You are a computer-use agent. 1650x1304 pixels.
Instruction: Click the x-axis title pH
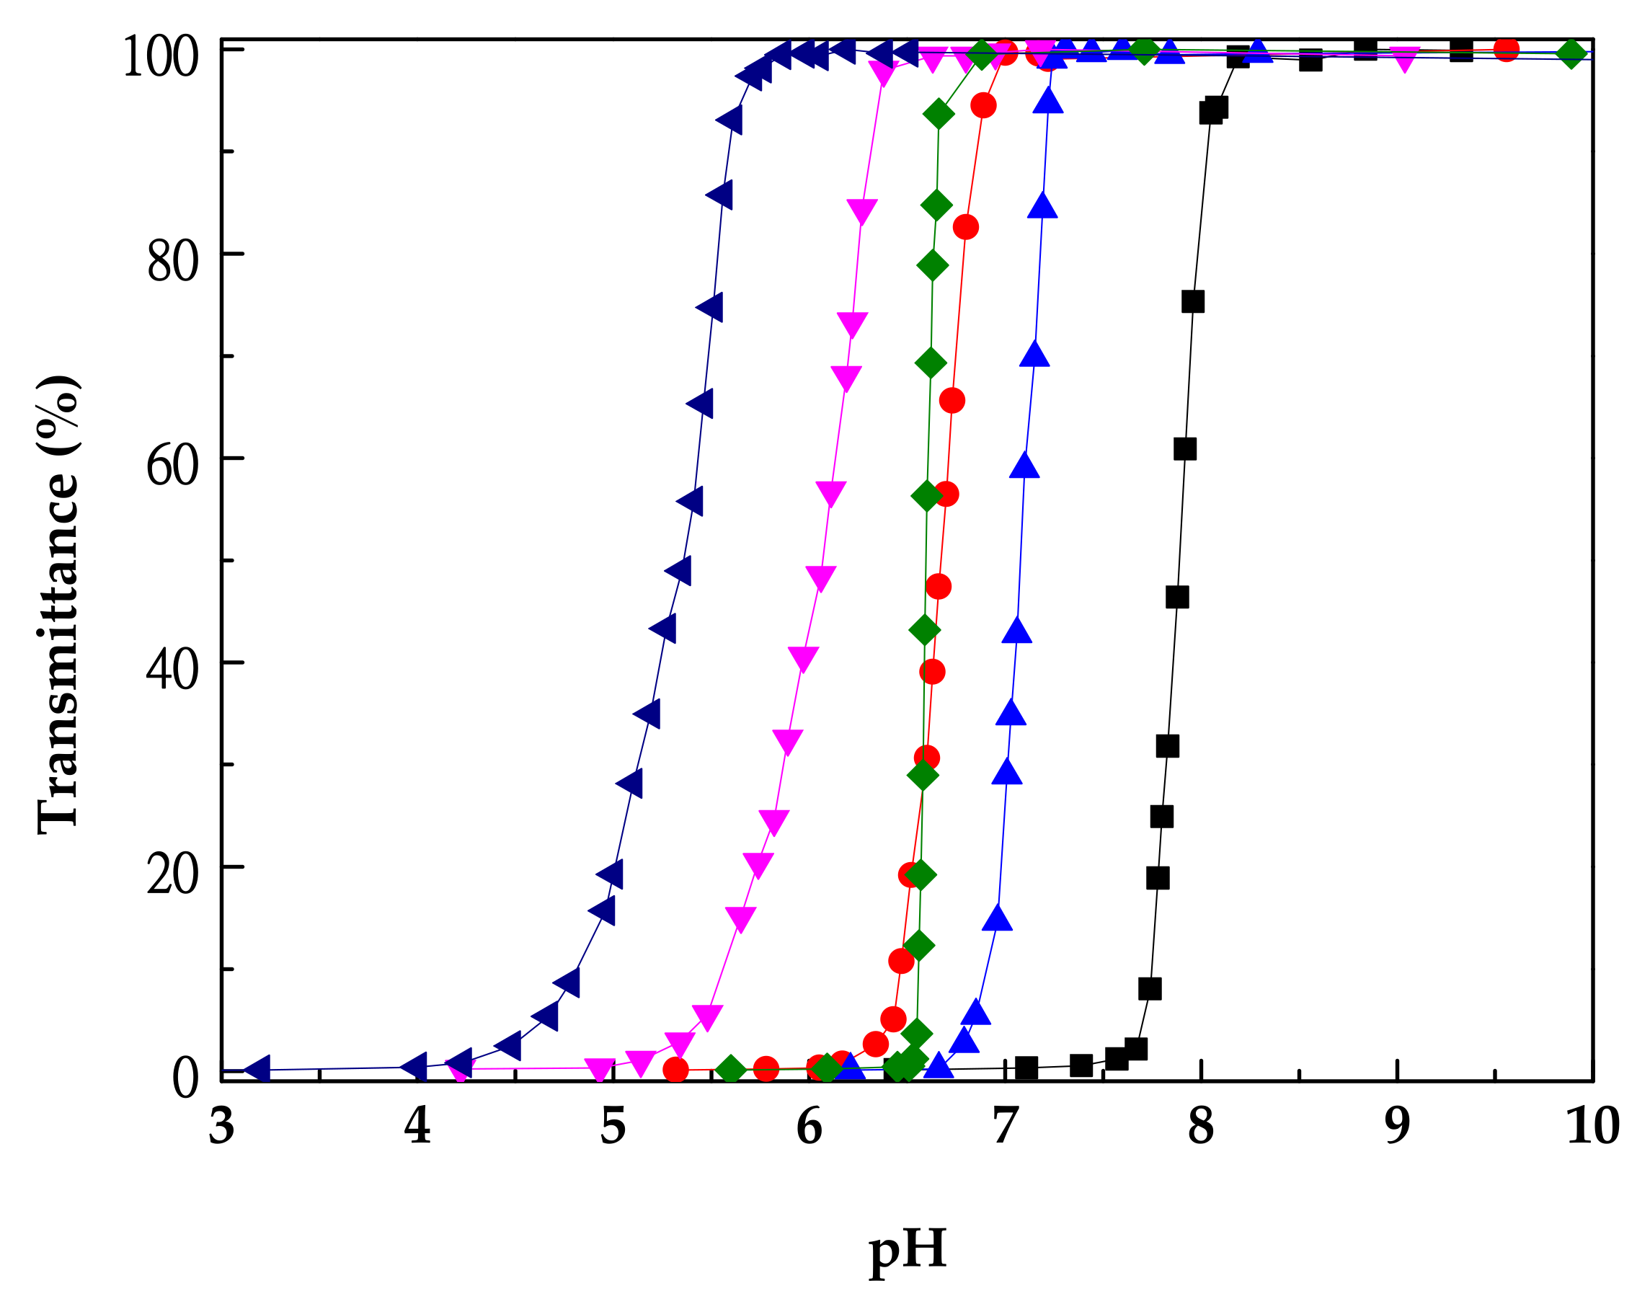(x=907, y=1250)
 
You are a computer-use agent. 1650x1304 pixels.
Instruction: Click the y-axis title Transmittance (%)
(x=58, y=604)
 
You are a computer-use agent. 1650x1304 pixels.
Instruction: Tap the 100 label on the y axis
(x=160, y=56)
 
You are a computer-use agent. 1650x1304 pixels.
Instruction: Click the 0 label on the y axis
(x=185, y=1078)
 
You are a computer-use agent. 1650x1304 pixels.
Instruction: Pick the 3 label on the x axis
(x=221, y=1126)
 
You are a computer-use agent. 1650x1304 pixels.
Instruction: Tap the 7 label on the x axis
(x=1006, y=1126)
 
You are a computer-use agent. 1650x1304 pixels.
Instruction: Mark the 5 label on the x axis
(x=613, y=1126)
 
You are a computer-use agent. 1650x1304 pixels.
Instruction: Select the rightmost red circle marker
(x=1506, y=49)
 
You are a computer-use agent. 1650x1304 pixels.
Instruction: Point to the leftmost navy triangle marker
(x=258, y=1070)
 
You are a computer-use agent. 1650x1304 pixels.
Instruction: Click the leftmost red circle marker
(x=675, y=1070)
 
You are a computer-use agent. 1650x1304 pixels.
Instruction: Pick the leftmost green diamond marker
(x=731, y=1070)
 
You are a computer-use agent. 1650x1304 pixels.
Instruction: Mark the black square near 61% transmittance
(x=1184, y=449)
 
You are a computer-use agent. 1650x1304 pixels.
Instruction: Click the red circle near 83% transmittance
(x=966, y=227)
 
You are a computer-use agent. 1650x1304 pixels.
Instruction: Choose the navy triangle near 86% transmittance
(x=720, y=195)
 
